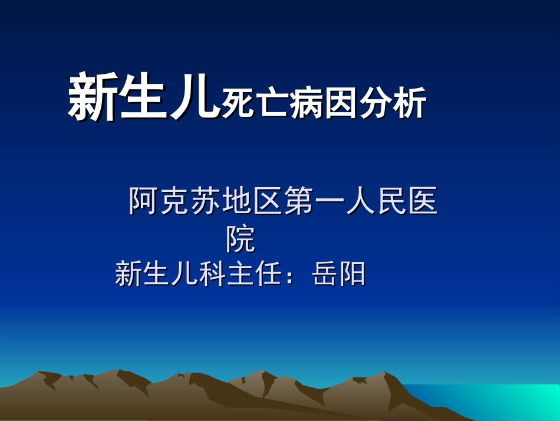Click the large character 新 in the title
point(93,98)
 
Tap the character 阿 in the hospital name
point(144,202)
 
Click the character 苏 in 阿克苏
point(205,202)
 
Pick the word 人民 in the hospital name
point(376,202)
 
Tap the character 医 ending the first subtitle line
point(423,202)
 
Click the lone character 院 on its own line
point(241,239)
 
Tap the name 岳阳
point(339,275)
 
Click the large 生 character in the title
point(141,98)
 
